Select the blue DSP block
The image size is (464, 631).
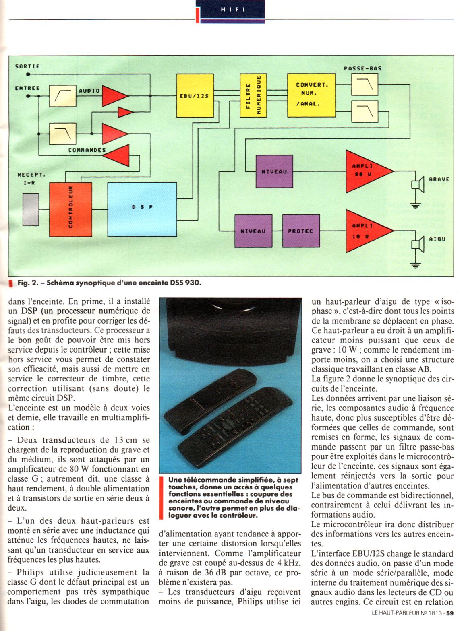point(142,209)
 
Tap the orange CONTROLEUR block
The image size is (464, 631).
point(70,209)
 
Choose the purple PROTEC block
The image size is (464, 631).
point(300,231)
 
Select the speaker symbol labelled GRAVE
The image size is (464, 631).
point(417,184)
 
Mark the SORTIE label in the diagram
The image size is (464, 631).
point(27,66)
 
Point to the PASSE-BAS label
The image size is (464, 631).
point(362,68)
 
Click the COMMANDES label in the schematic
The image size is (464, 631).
point(87,150)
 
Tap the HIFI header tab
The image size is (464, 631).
point(232,10)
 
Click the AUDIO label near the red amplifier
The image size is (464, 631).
point(89,91)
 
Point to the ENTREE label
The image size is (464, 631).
point(27,88)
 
